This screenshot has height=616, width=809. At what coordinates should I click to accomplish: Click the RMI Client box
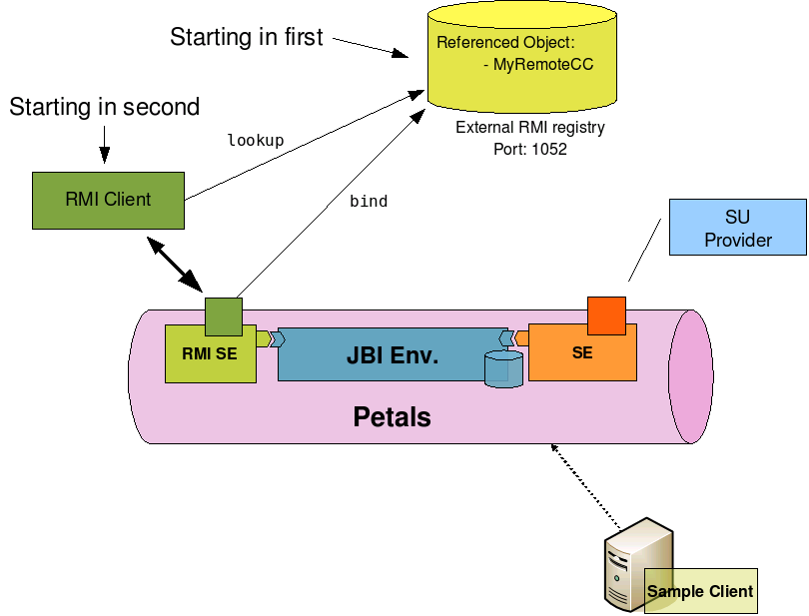[108, 200]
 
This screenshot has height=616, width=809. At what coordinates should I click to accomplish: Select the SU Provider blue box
[738, 228]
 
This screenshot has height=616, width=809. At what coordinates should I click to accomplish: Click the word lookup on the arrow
[256, 141]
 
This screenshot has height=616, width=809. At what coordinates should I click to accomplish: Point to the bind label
[369, 202]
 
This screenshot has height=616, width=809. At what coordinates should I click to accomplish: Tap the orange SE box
[581, 353]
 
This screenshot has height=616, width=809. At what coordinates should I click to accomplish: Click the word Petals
[393, 416]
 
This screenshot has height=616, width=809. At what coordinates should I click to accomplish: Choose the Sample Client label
[700, 591]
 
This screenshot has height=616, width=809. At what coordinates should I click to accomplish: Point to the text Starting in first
[247, 38]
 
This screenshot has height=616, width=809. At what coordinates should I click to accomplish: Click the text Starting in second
[104, 107]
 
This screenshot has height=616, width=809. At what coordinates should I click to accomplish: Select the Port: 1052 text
[530, 149]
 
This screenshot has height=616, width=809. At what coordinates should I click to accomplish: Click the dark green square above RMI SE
[223, 315]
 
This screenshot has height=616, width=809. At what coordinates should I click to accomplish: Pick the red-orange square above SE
[606, 315]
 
